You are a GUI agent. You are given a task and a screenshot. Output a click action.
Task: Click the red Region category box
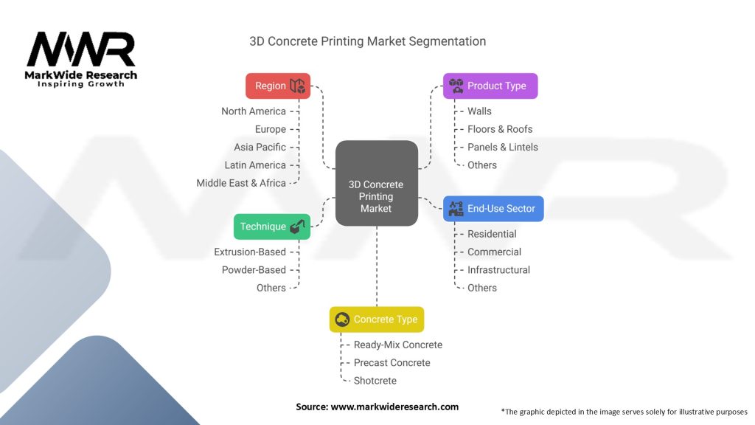(278, 86)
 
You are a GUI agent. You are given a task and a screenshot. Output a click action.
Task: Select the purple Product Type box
(490, 86)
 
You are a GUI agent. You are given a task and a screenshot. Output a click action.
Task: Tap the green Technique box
(272, 227)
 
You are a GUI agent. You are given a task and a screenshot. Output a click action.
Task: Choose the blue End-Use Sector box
(493, 209)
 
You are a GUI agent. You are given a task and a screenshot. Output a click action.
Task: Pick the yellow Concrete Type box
(377, 319)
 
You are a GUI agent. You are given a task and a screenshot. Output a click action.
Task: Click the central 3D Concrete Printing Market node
(377, 183)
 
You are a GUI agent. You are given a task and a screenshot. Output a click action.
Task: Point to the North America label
(254, 111)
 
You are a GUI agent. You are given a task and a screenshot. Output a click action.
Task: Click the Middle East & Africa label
(241, 183)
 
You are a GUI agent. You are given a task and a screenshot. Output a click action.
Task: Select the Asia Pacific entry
(260, 147)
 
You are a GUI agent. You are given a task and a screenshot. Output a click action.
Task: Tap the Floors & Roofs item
(500, 129)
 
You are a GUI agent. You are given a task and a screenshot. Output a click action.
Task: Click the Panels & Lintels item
(503, 147)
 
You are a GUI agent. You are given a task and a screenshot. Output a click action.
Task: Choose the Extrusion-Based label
(250, 252)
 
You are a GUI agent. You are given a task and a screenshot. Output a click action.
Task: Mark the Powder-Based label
(254, 270)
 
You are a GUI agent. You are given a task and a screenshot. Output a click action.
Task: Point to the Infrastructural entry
(499, 270)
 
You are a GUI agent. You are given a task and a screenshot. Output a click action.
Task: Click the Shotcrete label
(375, 381)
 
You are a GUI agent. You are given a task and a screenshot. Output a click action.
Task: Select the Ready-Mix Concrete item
(397, 345)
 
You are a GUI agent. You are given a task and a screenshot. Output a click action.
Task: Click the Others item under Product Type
(482, 165)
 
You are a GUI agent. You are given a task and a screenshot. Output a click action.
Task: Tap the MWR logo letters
(81, 49)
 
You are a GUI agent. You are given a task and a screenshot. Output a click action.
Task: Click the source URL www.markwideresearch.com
(394, 407)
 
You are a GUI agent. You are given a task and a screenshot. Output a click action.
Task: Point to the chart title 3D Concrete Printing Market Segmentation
(367, 41)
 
